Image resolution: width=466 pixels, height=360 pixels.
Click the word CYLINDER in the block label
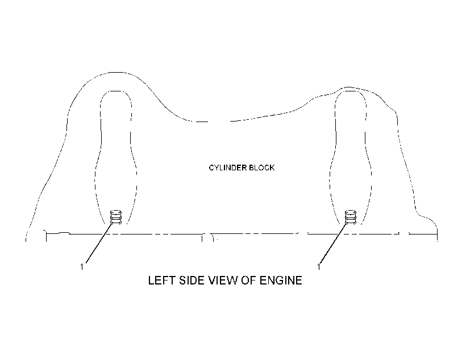(x=228, y=168)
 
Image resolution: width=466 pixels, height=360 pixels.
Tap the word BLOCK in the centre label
(x=262, y=168)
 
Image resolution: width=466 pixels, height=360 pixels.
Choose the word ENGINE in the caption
(x=281, y=281)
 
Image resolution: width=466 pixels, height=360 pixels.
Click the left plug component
(x=116, y=217)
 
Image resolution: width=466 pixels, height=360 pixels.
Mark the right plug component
(x=351, y=217)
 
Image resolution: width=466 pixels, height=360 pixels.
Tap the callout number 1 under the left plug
(x=82, y=267)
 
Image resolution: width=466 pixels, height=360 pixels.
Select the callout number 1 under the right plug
(x=319, y=267)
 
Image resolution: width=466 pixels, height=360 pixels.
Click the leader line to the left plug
(x=99, y=243)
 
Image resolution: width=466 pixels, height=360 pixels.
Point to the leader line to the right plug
(x=334, y=243)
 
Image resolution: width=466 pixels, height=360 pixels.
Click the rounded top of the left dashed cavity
(x=116, y=91)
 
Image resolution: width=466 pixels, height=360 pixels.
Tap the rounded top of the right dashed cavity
(x=351, y=91)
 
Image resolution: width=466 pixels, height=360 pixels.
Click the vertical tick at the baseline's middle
(x=202, y=238)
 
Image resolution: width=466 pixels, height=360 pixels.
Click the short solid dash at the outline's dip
(x=202, y=122)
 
